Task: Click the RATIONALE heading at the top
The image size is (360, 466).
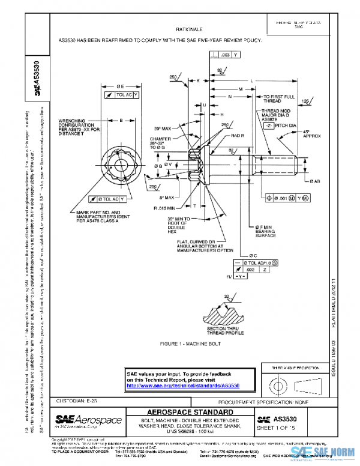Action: [x=189, y=29]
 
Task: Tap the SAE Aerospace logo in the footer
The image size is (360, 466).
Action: [x=88, y=420]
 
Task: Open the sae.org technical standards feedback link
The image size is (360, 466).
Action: [x=182, y=386]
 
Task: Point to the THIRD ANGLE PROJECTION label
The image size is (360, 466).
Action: [x=295, y=367]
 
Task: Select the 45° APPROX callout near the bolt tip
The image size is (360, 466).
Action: [x=312, y=134]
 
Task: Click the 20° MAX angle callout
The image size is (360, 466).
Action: [x=162, y=129]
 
